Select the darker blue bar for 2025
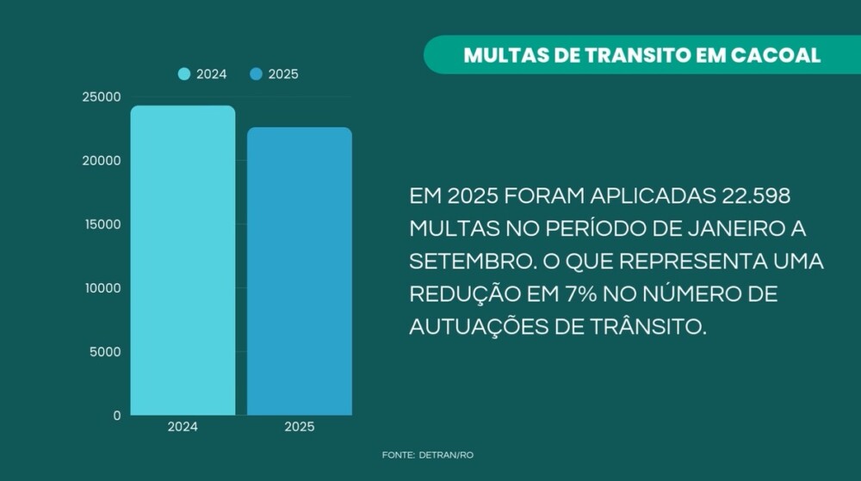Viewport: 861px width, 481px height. [x=300, y=271]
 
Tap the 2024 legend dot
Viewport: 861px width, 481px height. [x=184, y=74]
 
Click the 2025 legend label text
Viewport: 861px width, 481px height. [x=283, y=74]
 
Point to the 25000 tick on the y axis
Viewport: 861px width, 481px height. [x=102, y=97]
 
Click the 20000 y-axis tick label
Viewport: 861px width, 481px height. [x=102, y=161]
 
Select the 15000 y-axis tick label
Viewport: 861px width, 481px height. [x=102, y=225]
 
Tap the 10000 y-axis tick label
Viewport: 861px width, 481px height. [x=102, y=288]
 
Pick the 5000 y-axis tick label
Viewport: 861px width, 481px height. [x=105, y=352]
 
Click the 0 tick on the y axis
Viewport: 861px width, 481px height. [x=116, y=416]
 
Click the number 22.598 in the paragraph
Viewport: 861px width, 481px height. [x=753, y=197]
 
